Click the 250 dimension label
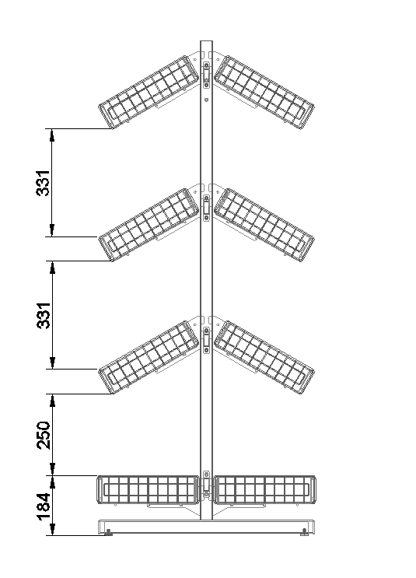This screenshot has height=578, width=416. click(44, 435)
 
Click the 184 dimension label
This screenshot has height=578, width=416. click(44, 506)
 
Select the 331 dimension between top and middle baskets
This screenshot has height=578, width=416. click(44, 183)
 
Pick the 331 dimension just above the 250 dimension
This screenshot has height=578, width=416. click(44, 315)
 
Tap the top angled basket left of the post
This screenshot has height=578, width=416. click(149, 92)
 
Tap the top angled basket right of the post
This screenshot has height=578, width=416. click(264, 92)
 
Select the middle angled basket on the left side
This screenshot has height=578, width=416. click(149, 225)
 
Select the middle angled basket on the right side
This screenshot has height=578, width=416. click(264, 225)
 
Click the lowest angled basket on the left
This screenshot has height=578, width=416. click(149, 357)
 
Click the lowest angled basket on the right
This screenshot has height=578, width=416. click(264, 357)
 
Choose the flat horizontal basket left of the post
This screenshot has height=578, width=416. click(148, 490)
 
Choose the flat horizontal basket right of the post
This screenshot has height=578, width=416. click(264, 490)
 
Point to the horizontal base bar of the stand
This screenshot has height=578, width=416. click(206, 527)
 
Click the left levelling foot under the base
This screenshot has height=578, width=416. click(108, 533)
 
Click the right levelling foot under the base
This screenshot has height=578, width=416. click(304, 533)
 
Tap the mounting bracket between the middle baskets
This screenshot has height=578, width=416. click(206, 208)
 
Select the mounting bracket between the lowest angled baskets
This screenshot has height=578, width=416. click(206, 340)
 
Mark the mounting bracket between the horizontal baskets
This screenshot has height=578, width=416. click(206, 484)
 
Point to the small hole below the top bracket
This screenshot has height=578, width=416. click(206, 99)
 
